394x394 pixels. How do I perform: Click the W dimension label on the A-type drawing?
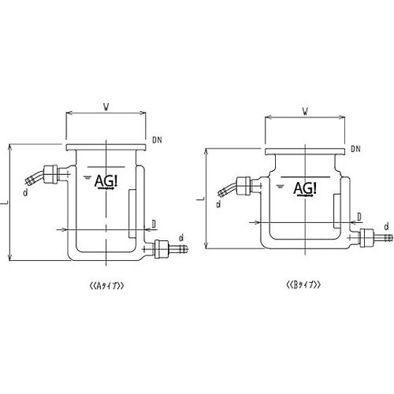pyautogui.click(x=105, y=104)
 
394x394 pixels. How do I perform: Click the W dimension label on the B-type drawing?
pyautogui.click(x=304, y=110)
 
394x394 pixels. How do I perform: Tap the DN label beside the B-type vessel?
pyautogui.click(x=355, y=147)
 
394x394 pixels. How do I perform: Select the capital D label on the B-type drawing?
pyautogui.click(x=359, y=215)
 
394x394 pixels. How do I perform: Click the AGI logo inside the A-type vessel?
pyautogui.click(x=105, y=182)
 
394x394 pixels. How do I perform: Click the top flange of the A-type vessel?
pyautogui.click(x=105, y=147)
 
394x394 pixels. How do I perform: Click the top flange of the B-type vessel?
pyautogui.click(x=304, y=153)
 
